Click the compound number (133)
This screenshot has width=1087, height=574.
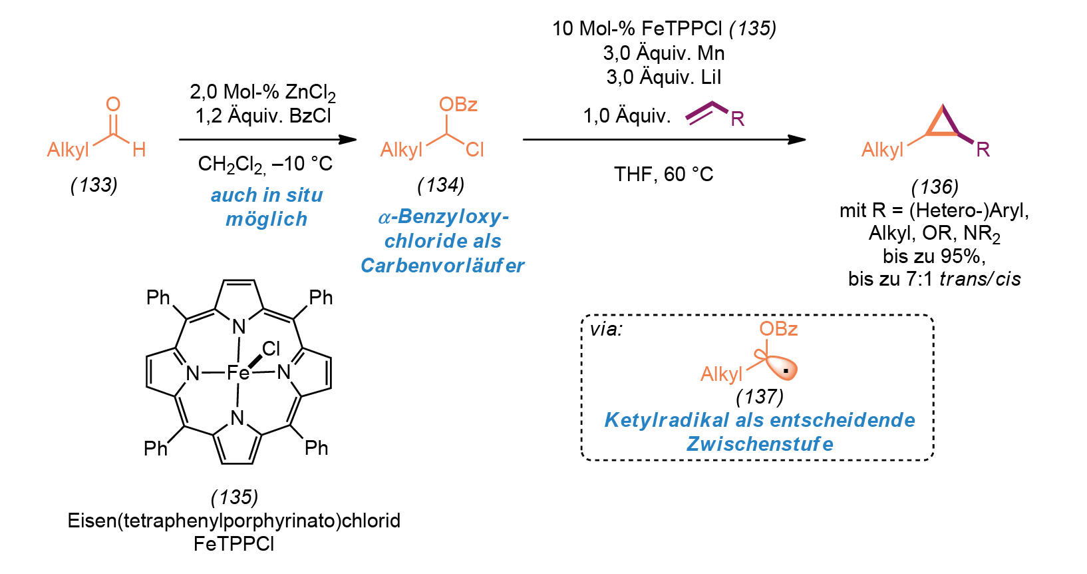click(94, 185)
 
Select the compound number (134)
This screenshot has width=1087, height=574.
click(440, 185)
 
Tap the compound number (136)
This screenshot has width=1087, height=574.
click(935, 187)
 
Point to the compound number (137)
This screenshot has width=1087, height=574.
click(760, 397)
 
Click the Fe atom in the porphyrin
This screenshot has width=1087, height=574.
click(237, 373)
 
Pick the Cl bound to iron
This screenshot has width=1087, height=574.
click(271, 348)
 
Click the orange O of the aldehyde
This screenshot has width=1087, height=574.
click(113, 104)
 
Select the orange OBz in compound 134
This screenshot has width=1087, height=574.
click(458, 105)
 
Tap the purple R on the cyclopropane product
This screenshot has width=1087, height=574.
click(983, 150)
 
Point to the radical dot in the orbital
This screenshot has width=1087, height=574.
click(786, 372)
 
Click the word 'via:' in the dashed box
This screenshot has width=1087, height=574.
click(606, 329)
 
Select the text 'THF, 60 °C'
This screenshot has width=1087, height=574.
click(663, 174)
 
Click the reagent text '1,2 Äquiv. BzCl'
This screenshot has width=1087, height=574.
click(263, 116)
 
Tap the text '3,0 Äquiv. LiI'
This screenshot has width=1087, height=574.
click(663, 77)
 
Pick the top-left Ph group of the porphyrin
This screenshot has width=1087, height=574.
click(158, 297)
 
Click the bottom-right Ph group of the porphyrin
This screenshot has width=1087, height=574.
click(317, 447)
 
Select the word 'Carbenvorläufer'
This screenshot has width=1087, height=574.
click(442, 266)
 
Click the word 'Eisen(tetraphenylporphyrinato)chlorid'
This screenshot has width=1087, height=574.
click(234, 521)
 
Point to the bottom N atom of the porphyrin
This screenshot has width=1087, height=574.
click(237, 418)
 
